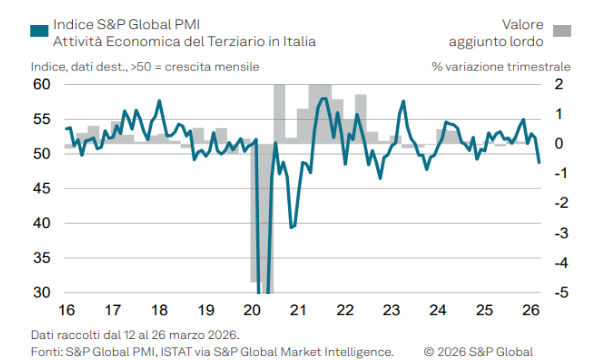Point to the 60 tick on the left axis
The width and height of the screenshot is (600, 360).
tap(41, 85)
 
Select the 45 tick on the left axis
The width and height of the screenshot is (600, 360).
tap(41, 189)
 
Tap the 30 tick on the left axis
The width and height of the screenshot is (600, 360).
tap(41, 293)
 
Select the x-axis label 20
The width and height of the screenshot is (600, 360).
tap(252, 310)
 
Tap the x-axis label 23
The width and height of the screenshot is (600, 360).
tap(392, 310)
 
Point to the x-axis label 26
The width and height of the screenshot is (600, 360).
tap(530, 310)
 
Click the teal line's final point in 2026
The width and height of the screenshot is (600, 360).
tap(539, 162)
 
